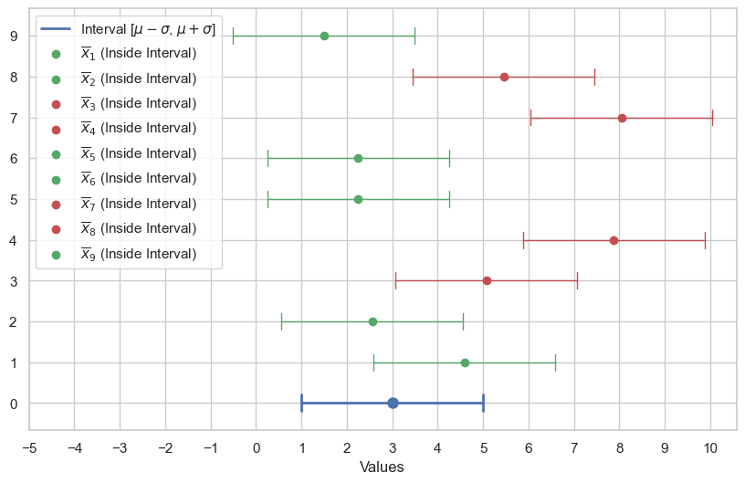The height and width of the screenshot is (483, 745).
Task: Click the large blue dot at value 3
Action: (393, 403)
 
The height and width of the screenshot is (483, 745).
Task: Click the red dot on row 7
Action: (622, 118)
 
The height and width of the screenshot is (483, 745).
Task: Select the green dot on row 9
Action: (324, 36)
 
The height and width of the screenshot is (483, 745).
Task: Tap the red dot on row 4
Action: (614, 240)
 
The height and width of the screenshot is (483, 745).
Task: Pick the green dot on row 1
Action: (465, 362)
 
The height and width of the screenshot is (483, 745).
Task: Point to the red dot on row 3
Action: (487, 280)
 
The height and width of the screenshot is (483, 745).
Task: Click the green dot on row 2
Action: (372, 321)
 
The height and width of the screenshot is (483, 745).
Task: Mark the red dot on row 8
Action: (504, 77)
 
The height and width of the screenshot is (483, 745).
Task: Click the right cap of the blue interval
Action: (483, 403)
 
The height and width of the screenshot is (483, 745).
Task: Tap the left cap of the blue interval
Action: (301, 403)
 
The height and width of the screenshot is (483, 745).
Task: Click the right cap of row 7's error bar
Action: (712, 118)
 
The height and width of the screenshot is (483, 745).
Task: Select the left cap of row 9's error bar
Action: (233, 36)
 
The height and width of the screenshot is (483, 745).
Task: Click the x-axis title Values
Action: (382, 467)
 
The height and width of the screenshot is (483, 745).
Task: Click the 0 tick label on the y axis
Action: (13, 404)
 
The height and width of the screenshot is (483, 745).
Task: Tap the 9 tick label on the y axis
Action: (13, 37)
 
